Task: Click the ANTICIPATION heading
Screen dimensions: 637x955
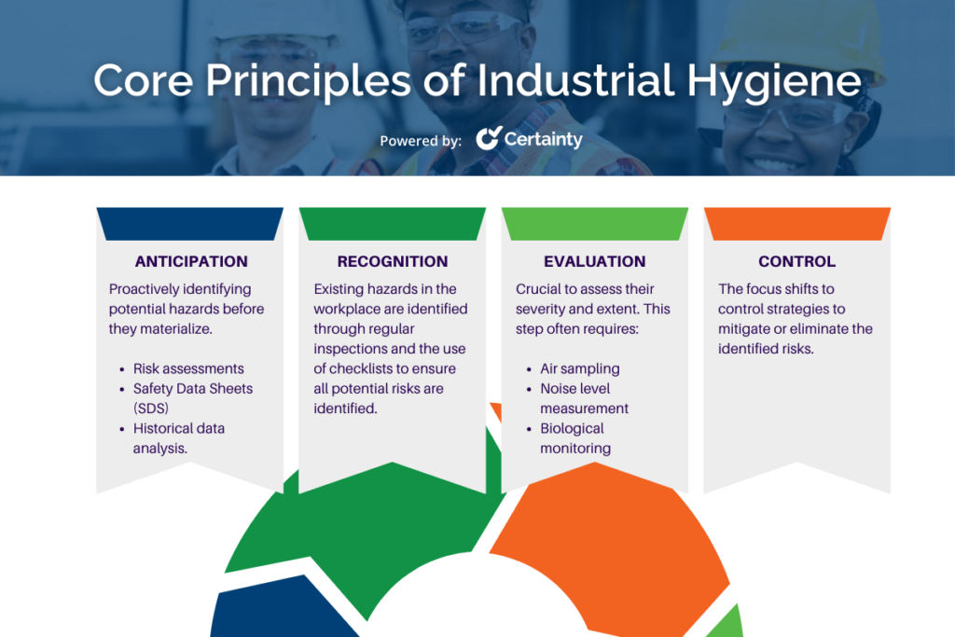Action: point(191,261)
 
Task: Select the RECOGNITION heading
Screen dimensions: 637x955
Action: point(392,261)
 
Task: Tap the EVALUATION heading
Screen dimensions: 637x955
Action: point(594,261)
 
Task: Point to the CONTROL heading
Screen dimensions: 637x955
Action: point(796,261)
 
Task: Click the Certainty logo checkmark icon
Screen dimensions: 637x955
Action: point(488,139)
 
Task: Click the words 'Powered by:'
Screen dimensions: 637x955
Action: point(420,141)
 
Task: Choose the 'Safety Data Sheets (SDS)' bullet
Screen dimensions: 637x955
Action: point(192,398)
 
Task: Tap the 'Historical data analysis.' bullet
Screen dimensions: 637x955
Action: point(178,438)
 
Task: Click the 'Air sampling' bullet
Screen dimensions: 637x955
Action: point(579,368)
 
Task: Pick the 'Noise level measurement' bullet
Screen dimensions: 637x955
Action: point(584,398)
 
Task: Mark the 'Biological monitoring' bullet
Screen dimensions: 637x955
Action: point(575,438)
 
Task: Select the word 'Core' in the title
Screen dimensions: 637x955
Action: point(145,81)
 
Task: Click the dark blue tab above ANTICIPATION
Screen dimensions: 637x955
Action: point(189,223)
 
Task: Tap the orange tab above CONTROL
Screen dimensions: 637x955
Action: point(796,223)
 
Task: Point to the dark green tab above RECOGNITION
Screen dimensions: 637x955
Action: point(392,223)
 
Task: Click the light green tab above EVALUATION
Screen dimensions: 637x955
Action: point(594,223)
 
